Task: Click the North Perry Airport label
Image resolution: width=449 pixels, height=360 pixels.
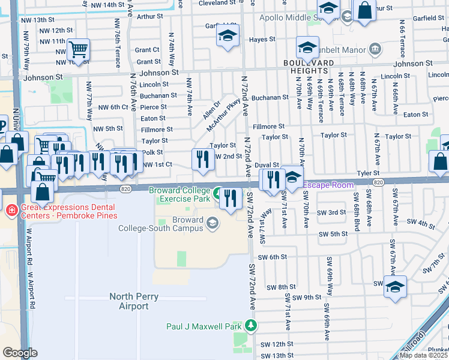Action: [128, 301]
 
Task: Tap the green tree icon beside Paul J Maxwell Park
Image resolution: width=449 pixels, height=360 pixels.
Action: [250, 326]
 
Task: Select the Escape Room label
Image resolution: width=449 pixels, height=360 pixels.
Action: [328, 185]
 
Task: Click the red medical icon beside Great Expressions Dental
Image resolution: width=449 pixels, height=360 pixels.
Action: [11, 211]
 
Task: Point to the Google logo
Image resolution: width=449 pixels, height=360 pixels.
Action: [19, 352]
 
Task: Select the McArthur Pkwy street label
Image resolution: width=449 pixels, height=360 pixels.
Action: [223, 117]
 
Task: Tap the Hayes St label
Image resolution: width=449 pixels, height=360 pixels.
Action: [262, 40]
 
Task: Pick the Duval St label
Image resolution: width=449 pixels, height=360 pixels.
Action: [267, 164]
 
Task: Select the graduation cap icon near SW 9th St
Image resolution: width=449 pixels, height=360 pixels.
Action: [395, 286]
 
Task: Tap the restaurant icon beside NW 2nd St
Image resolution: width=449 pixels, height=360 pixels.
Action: [203, 159]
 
